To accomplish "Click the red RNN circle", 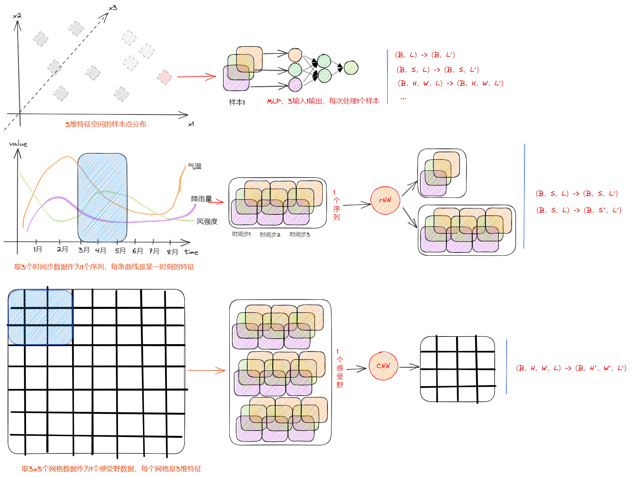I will point(385,201).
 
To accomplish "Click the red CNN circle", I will point(383,366).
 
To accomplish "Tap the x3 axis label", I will point(113,8).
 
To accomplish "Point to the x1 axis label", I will point(191,124).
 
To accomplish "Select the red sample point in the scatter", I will point(164,77).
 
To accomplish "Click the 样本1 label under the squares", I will point(237,102).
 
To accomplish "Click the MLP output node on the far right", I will point(351,68).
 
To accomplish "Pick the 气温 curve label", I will point(195,166).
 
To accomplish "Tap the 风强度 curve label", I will point(207,221).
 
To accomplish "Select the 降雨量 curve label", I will point(202,199).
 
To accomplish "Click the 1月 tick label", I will point(37,249).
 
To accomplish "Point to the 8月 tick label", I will point(172,252).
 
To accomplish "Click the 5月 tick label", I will point(120,250).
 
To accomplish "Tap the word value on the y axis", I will point(18,144).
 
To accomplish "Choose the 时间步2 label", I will point(270,235).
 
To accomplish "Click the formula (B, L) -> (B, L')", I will point(425,55).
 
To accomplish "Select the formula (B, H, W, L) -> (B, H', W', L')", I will point(571,368).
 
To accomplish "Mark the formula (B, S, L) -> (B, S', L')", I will point(579,210).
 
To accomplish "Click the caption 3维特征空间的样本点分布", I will point(105,124).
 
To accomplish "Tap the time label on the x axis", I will point(191,252).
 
